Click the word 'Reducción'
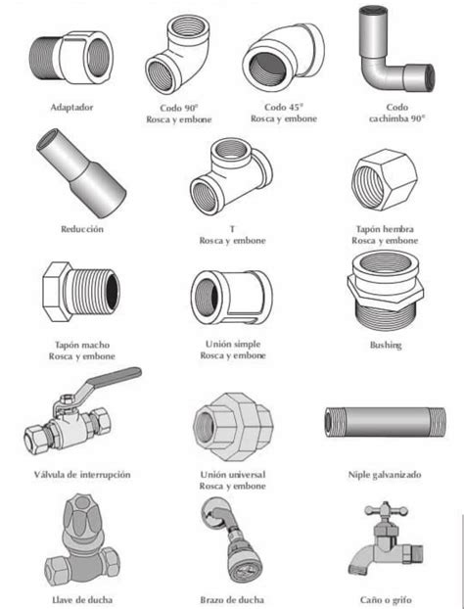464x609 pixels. coord(81,228)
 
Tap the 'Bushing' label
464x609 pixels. coord(385,345)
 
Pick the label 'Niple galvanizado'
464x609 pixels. coord(385,474)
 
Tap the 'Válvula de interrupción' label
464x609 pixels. coord(81,474)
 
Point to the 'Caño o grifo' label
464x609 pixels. coord(384,597)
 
